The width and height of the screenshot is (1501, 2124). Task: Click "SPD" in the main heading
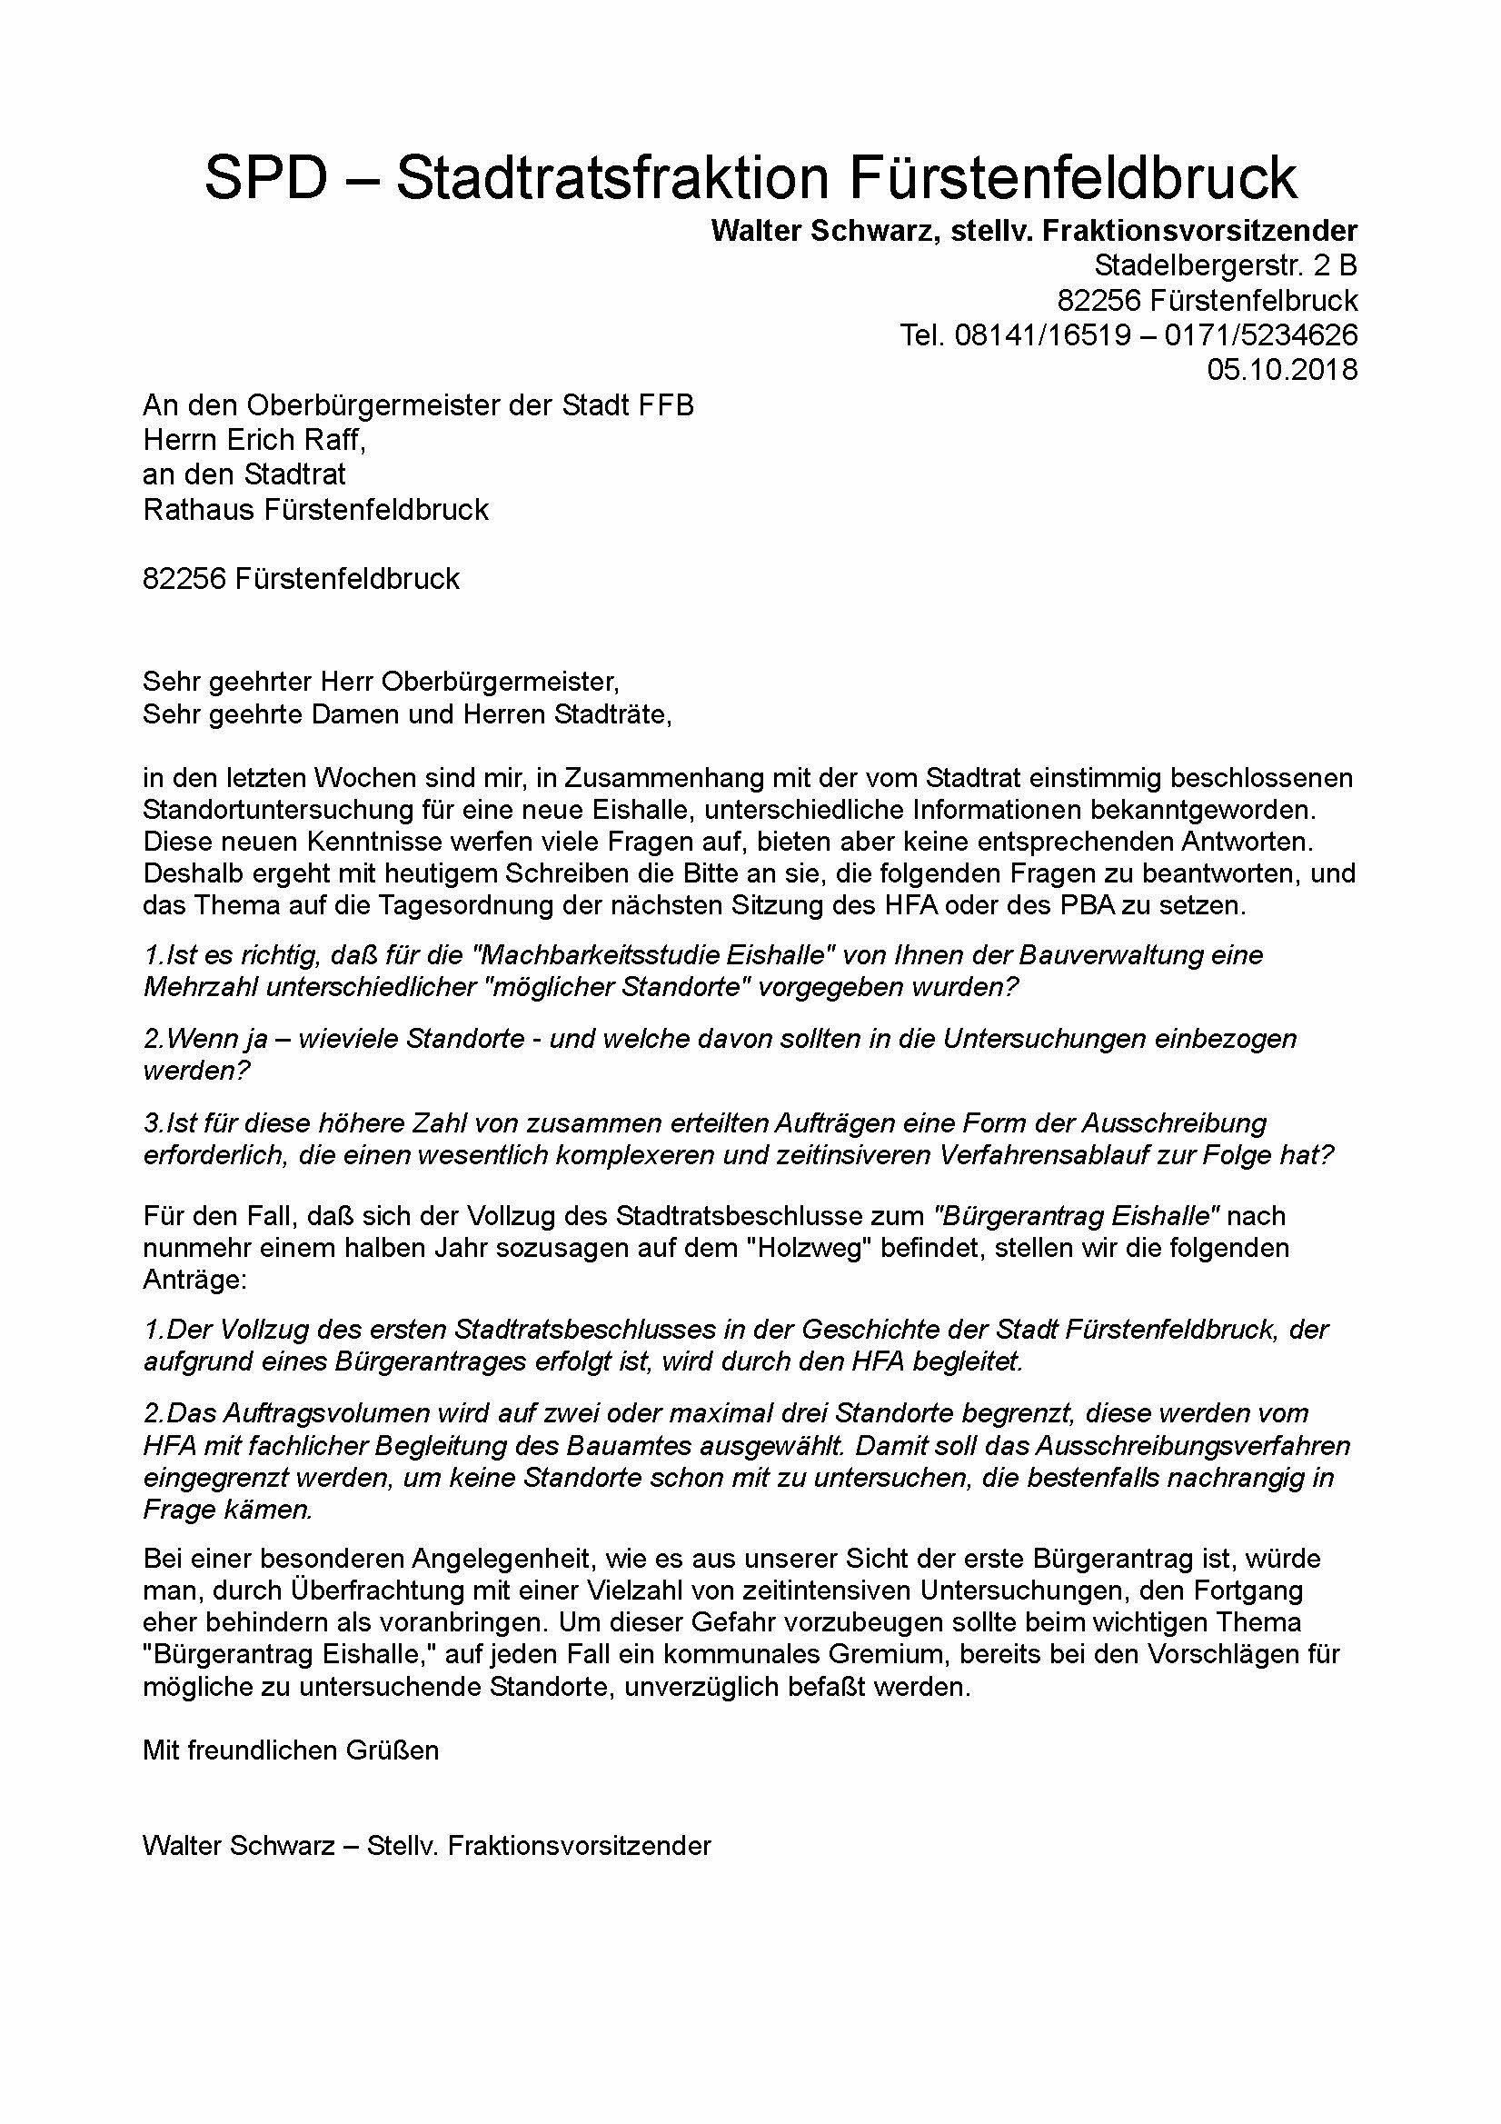[x=266, y=177]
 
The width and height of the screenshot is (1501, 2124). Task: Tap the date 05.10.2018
[x=1282, y=370]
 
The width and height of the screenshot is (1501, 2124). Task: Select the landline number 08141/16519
[x=1041, y=334]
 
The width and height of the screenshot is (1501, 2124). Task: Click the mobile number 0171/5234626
[x=1260, y=334]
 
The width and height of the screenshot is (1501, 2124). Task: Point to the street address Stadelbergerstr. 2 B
[x=1226, y=265]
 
